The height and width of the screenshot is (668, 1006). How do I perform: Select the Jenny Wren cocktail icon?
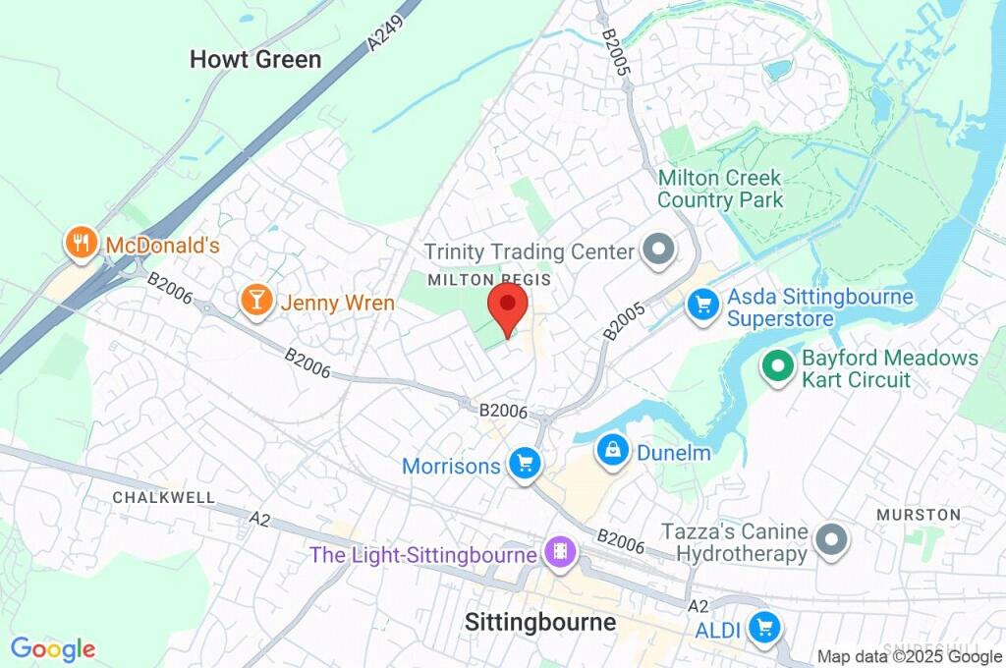pyautogui.click(x=256, y=302)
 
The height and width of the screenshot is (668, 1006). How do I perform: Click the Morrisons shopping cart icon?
pyautogui.click(x=525, y=464)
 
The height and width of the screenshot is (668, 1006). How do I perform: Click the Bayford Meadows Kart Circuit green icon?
pyautogui.click(x=778, y=367)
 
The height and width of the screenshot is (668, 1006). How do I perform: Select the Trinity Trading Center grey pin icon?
pyautogui.click(x=658, y=250)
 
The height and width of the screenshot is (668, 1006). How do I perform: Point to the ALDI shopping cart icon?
pyautogui.click(x=763, y=628)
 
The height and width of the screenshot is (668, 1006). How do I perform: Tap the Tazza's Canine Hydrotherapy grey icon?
pyautogui.click(x=831, y=539)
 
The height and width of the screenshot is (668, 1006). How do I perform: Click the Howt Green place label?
pyautogui.click(x=255, y=59)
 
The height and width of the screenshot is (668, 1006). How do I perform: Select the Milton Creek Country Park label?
pyautogui.click(x=720, y=189)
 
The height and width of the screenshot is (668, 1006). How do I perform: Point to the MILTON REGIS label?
pyautogui.click(x=488, y=280)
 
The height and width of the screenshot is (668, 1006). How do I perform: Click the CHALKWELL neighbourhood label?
pyautogui.click(x=164, y=497)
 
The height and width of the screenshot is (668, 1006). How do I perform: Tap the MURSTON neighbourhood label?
pyautogui.click(x=918, y=514)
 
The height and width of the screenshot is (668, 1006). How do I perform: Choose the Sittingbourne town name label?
pyautogui.click(x=539, y=622)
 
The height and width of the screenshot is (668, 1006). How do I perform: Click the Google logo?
pyautogui.click(x=53, y=648)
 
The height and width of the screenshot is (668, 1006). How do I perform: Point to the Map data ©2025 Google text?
pyautogui.click(x=910, y=656)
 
